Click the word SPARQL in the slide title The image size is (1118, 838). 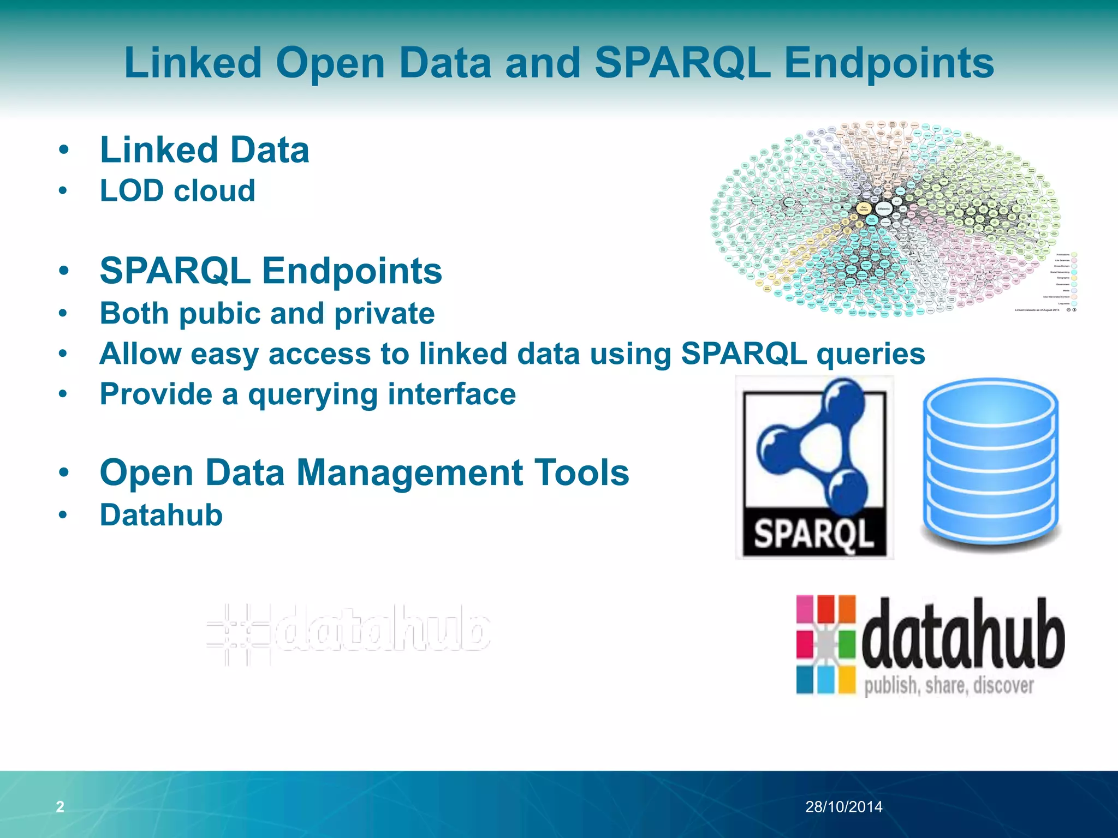[x=682, y=63]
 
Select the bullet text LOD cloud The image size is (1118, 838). [x=177, y=191]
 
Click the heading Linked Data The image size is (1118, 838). [x=205, y=150]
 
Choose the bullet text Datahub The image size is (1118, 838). [x=161, y=515]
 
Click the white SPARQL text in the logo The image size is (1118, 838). [x=813, y=534]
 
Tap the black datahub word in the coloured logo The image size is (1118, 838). [x=963, y=635]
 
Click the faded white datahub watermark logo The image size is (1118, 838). [x=349, y=633]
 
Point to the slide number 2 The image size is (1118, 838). [x=60, y=806]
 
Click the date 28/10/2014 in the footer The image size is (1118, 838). [x=843, y=806]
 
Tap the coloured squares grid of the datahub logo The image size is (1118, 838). [x=825, y=644]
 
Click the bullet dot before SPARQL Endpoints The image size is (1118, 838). [x=64, y=271]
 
